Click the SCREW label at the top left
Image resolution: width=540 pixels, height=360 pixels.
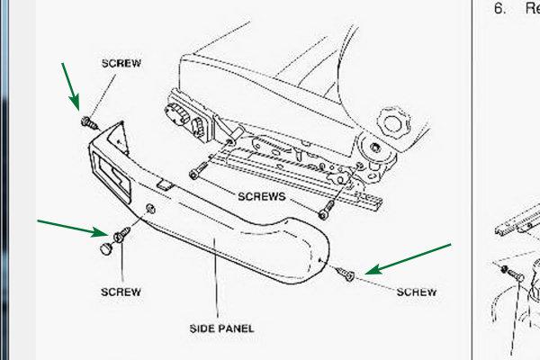coord(121,63)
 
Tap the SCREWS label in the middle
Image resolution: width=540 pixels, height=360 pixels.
coord(262,196)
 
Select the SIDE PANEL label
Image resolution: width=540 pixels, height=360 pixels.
coord(221,328)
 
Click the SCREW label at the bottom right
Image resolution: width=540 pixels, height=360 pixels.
coord(417,292)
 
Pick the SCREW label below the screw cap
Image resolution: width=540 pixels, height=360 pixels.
coord(121,292)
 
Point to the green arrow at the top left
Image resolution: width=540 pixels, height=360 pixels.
coord(70,86)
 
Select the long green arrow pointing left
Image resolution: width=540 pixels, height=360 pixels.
coord(408,259)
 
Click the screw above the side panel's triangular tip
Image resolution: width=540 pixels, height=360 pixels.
coord(89,122)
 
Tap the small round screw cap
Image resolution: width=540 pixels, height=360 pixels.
coord(106,248)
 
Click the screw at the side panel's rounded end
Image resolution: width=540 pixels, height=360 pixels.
coord(345,274)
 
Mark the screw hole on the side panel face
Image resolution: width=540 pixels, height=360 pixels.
coord(150,209)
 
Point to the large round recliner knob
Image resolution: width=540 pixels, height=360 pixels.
coord(394,123)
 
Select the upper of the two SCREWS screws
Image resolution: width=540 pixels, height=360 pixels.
coord(199,170)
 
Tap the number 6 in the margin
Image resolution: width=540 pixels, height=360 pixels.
coord(499,8)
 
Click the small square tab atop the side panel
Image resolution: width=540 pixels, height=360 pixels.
coord(166,185)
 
